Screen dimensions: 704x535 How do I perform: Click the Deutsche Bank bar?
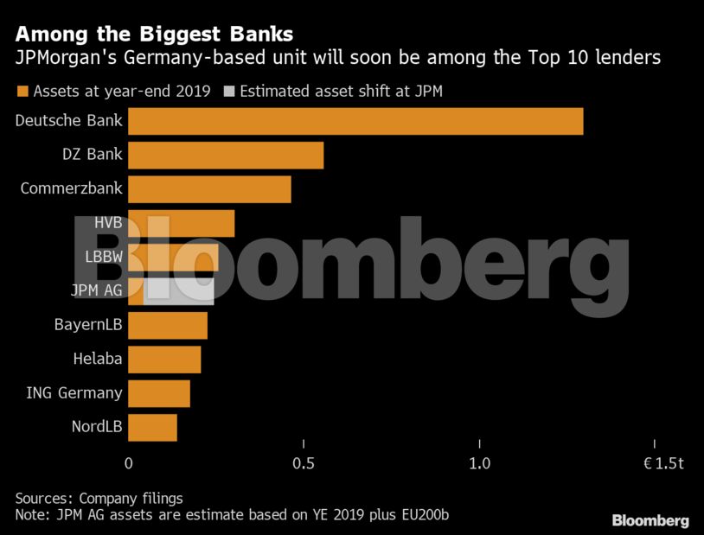(355, 121)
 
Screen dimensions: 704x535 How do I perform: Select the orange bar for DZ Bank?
(226, 156)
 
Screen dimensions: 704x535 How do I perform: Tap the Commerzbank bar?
(209, 189)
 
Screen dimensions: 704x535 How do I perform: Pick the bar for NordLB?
(153, 428)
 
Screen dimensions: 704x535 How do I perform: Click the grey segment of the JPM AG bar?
(179, 292)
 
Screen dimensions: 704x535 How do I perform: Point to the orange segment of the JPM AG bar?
(136, 292)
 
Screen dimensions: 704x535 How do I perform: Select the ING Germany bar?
(159, 393)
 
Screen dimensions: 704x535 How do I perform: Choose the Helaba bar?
(165, 360)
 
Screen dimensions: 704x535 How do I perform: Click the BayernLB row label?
(88, 324)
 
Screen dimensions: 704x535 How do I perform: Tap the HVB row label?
(108, 223)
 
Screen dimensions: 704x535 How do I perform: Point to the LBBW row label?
(104, 257)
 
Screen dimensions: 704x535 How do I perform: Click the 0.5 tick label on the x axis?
(304, 463)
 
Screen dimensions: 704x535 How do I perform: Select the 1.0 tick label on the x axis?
(479, 463)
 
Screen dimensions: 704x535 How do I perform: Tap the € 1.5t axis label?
(663, 463)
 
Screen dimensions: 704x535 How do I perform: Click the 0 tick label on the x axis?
(128, 463)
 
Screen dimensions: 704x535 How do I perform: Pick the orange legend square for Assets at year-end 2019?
(22, 92)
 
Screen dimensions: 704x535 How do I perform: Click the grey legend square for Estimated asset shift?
(229, 92)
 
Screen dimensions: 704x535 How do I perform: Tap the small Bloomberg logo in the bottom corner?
(650, 520)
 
